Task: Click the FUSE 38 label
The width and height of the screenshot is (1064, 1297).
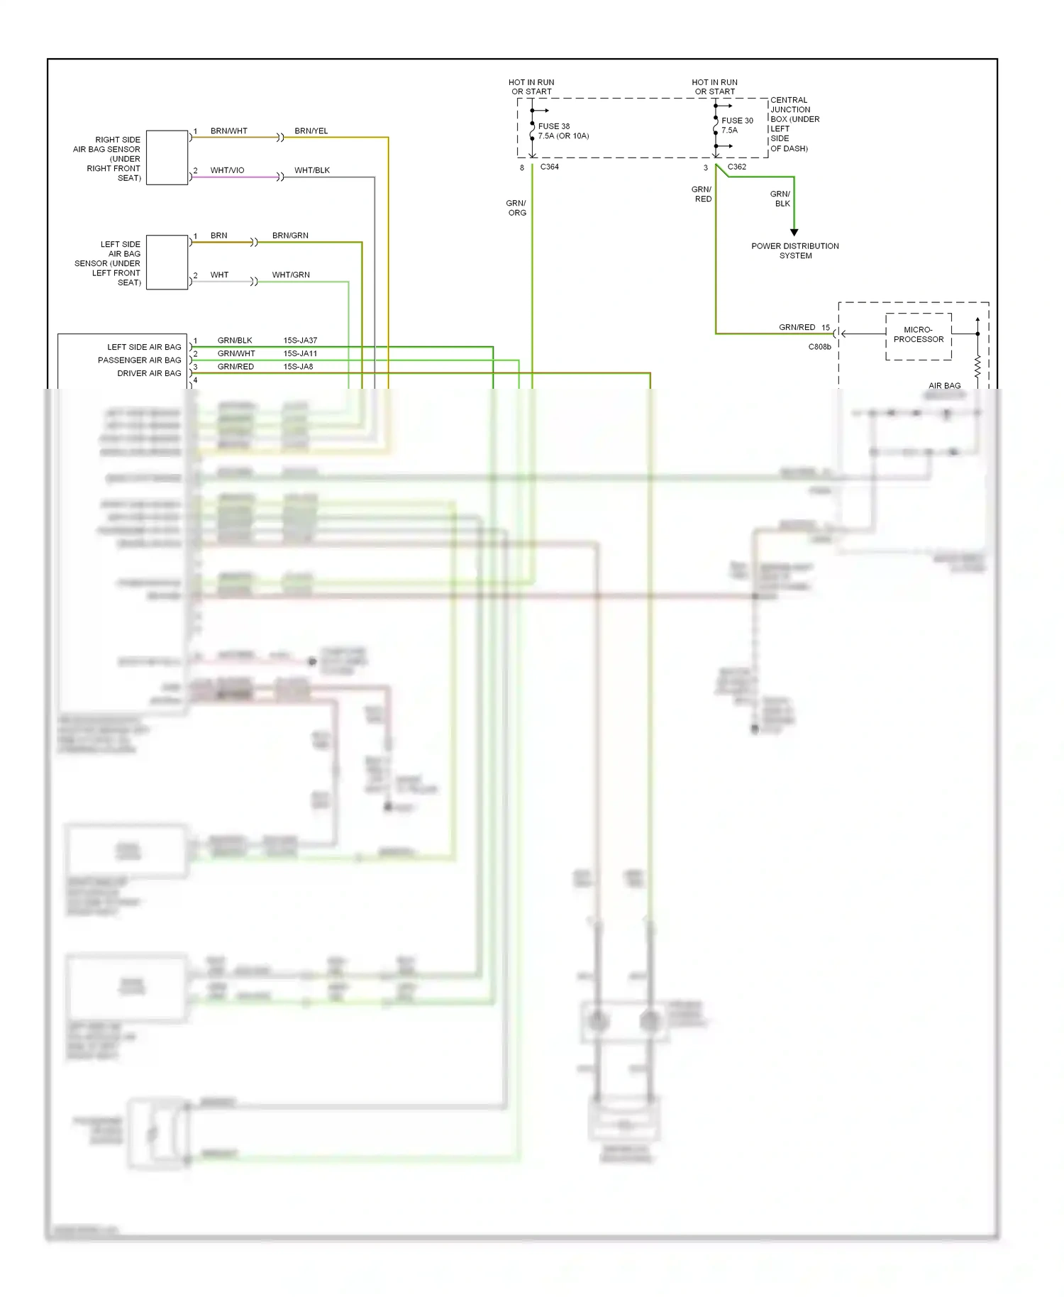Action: tap(554, 126)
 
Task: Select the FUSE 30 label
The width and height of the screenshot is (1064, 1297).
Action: tap(737, 121)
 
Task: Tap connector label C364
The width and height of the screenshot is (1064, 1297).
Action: tap(549, 167)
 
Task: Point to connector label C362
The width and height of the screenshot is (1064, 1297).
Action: tap(736, 167)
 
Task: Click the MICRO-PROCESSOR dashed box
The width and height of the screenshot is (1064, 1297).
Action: tap(918, 336)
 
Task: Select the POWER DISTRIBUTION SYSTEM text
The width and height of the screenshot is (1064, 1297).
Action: tap(794, 250)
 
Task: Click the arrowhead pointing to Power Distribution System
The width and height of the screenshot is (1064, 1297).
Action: tap(794, 232)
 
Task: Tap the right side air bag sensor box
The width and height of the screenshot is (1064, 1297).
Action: tap(167, 158)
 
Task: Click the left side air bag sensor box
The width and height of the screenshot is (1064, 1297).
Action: tap(167, 262)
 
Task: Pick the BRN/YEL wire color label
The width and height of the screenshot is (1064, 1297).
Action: tap(311, 131)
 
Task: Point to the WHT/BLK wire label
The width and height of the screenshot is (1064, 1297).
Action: tap(311, 170)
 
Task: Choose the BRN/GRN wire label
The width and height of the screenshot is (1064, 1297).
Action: tap(290, 236)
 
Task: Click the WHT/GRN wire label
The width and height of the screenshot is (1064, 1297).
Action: tap(291, 275)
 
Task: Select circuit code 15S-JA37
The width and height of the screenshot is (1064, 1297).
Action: tap(300, 341)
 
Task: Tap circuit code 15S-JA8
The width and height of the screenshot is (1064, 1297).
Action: tap(298, 367)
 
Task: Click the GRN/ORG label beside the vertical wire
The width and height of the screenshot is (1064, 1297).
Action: tap(516, 208)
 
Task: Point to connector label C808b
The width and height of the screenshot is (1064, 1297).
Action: tap(819, 347)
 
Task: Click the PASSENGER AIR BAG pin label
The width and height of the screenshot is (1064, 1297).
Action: tap(139, 360)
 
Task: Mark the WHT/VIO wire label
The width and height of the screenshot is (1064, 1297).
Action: tap(227, 170)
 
